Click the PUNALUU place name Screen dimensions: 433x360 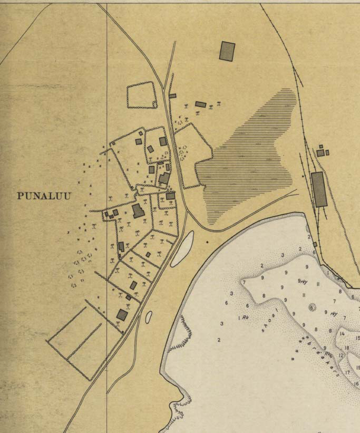click(44, 196)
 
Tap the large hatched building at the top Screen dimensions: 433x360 click(227, 51)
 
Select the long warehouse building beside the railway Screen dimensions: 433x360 click(319, 189)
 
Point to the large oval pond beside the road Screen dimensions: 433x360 click(182, 248)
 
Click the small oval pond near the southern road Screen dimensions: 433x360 click(149, 317)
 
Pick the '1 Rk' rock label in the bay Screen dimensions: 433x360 click(243, 317)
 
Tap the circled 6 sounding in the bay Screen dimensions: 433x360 click(312, 307)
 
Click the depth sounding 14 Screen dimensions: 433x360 click(342, 334)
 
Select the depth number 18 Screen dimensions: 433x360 click(347, 348)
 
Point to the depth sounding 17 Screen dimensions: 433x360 click(347, 373)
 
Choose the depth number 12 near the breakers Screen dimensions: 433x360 click(341, 356)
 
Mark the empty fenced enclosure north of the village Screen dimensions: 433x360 click(142, 95)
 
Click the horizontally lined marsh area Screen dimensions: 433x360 click(248, 158)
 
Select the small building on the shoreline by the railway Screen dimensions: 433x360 click(315, 245)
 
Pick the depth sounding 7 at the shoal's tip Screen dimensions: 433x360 click(244, 283)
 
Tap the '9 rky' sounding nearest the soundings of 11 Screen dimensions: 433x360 click(303, 281)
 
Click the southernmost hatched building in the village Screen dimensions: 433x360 click(122, 315)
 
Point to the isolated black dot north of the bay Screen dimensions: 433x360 click(207, 242)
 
